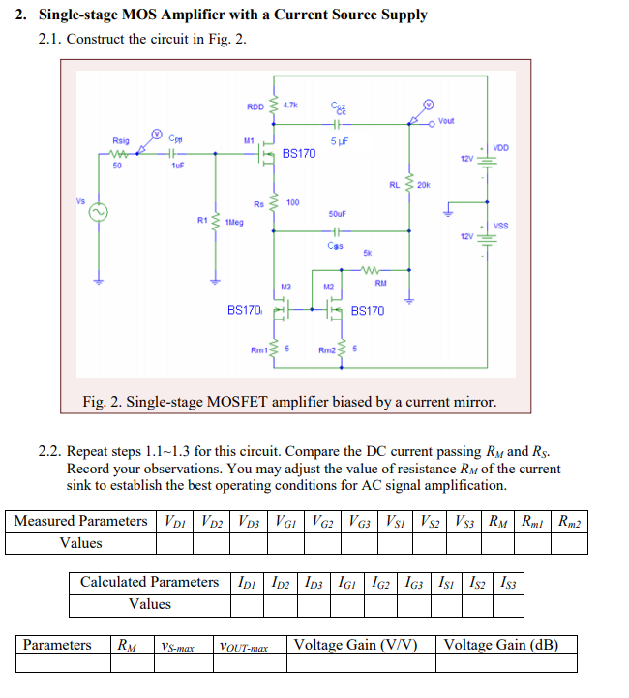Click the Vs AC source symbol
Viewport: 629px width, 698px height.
(97, 213)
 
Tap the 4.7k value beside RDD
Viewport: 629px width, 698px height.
(290, 104)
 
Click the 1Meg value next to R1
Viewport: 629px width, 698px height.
(233, 222)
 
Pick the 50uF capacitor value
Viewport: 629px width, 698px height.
(338, 213)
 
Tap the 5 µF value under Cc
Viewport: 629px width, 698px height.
(338, 141)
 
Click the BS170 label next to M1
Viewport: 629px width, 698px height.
(299, 154)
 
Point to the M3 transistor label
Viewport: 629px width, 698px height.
(285, 287)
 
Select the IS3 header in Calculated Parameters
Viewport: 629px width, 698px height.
(508, 582)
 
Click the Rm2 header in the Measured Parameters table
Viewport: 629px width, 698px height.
(570, 522)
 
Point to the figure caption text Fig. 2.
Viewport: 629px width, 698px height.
(290, 402)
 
